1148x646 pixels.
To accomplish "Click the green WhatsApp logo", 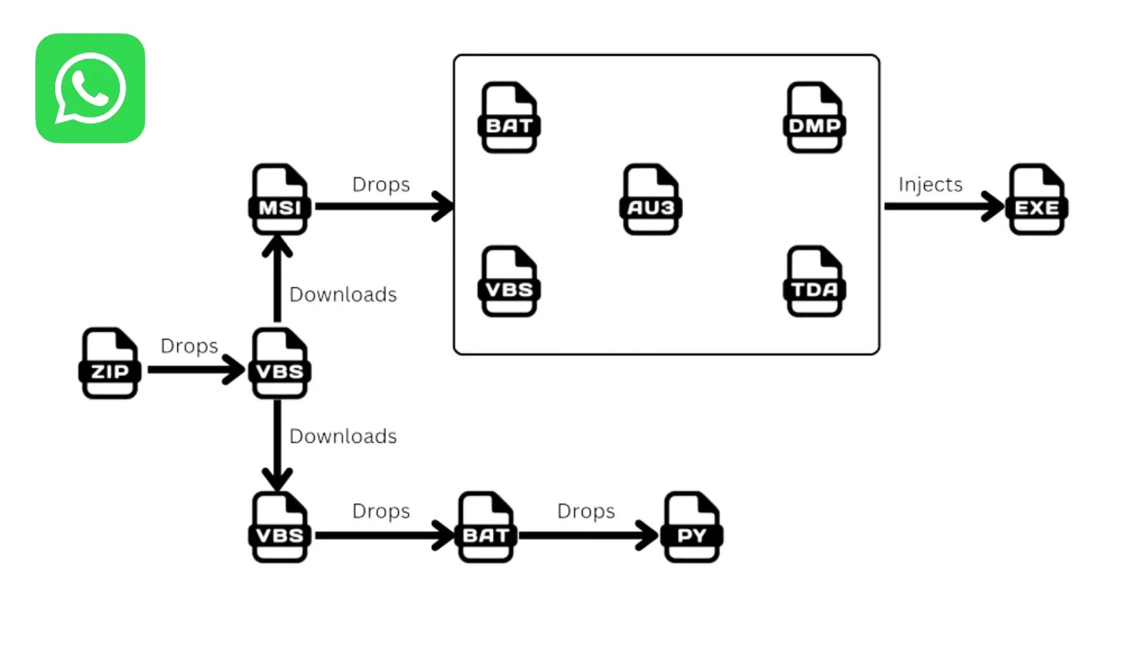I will coord(90,88).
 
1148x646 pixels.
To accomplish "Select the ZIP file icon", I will coord(109,363).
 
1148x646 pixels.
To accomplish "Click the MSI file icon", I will coord(280,200).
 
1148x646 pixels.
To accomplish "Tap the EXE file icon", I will coord(1037,200).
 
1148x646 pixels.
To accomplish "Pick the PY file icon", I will coord(692,528).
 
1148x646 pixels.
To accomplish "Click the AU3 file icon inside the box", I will coord(651,200).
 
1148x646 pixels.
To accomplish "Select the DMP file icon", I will coord(814,118).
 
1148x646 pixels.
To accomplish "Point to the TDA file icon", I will coord(814,281).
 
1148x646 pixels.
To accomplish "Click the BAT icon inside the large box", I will coord(509,118).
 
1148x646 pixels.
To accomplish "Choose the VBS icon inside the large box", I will coord(509,281).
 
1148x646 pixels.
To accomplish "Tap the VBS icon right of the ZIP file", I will coord(280,363).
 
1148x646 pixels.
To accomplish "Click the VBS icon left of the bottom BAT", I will coord(280,528).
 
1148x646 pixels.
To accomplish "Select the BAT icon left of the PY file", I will coord(486,528).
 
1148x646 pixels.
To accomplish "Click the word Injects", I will coord(930,185).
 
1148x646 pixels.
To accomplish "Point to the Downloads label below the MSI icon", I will coord(343,295).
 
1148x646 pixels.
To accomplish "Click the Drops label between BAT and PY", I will coord(585,511).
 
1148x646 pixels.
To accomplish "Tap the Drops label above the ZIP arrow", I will coord(189,346).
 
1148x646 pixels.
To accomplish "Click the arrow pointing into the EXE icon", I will coord(944,206).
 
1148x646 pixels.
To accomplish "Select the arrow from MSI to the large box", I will coord(384,206).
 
